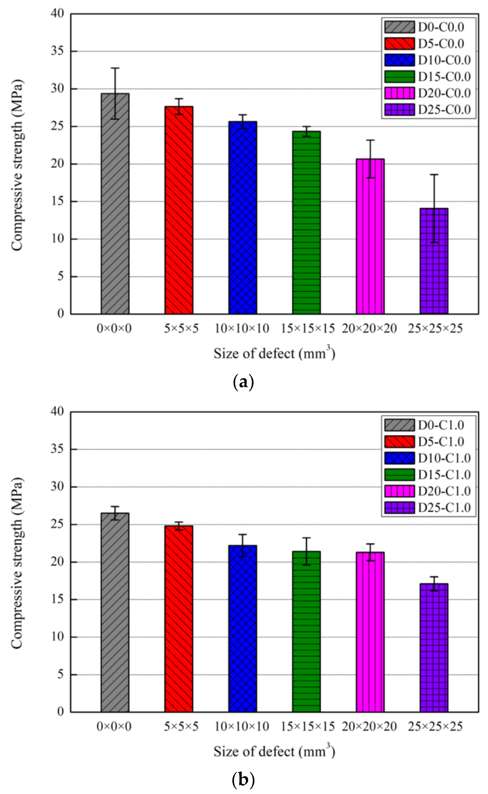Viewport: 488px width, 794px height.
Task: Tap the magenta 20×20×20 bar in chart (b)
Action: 370,633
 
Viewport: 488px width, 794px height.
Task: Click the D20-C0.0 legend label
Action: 444,93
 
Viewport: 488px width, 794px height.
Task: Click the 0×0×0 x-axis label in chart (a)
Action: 114,329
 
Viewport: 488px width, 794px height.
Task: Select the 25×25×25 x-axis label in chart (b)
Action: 435,726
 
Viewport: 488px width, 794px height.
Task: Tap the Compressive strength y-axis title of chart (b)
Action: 17,563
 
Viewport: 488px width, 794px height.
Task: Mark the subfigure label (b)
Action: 243,780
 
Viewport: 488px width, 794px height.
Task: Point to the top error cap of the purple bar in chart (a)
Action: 434,175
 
